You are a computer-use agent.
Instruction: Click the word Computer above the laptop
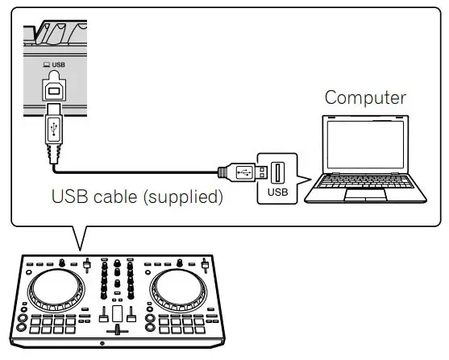point(365,98)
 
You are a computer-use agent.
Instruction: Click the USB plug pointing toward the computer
point(241,172)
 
